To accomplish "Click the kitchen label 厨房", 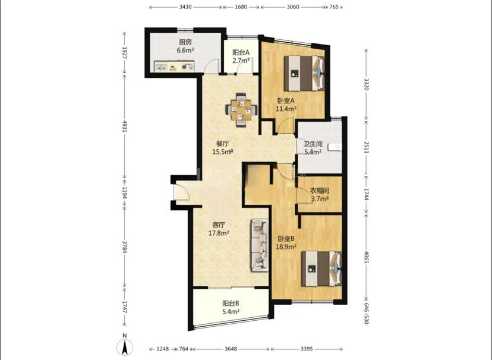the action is pos(185,42).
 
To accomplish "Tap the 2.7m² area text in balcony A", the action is pos(241,61).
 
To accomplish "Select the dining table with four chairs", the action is pos(241,110).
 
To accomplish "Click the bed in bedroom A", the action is pos(304,74).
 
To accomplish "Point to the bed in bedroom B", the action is pos(321,269).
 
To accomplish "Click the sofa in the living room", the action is pos(260,245).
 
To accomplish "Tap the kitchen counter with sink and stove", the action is pos(174,66).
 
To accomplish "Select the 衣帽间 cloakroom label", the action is pos(320,191).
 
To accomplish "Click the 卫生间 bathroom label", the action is pos(313,144).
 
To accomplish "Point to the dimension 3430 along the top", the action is pos(185,7).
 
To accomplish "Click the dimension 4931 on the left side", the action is pos(125,126).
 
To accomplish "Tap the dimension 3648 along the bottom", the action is pos(231,349).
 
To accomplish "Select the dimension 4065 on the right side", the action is pos(366,257).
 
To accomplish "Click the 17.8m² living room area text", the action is pos(219,233).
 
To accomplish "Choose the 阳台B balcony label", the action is pos(231,303).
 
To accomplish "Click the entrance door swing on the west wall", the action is pos(182,192).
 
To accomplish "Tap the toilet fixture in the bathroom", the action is pos(335,147).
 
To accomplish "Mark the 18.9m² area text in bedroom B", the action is pos(286,247).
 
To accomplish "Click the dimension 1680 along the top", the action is pos(241,7).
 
